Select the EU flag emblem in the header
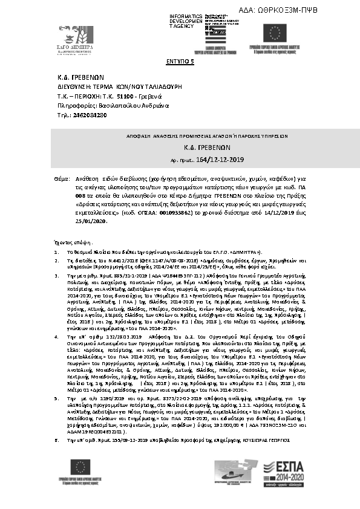[278, 33]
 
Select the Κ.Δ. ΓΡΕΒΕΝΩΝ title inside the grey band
[180, 147]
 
